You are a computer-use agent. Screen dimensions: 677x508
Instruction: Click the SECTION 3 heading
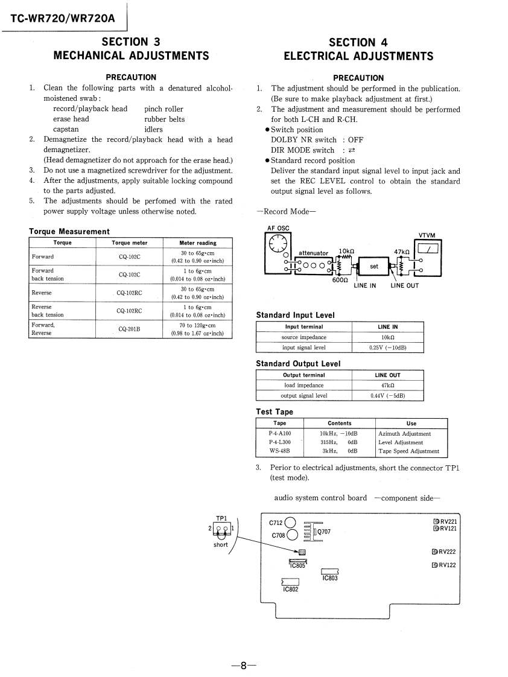pyautogui.click(x=131, y=42)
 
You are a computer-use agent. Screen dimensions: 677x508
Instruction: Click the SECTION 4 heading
pyautogui.click(x=358, y=42)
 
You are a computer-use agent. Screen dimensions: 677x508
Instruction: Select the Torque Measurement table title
pyautogui.click(x=69, y=231)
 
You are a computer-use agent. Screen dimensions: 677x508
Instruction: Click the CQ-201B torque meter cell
pyautogui.click(x=130, y=329)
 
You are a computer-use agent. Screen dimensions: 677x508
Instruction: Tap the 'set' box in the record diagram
pyautogui.click(x=374, y=265)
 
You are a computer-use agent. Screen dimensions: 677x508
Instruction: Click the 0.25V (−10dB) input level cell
pyautogui.click(x=387, y=348)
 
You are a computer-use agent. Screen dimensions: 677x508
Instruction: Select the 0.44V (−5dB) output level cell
pyautogui.click(x=387, y=396)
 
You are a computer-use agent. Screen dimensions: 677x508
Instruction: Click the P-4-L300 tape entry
pyautogui.click(x=279, y=442)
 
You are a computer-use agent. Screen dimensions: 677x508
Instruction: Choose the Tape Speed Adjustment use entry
pyautogui.click(x=409, y=451)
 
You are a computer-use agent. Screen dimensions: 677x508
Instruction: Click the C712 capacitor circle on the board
pyautogui.click(x=290, y=523)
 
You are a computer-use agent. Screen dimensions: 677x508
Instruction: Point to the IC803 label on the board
pyautogui.click(x=331, y=578)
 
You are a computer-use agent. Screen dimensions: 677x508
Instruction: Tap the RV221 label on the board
pyautogui.click(x=448, y=522)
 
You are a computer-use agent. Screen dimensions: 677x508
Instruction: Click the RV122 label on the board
pyautogui.click(x=447, y=565)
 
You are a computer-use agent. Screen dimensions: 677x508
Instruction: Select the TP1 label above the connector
pyautogui.click(x=221, y=518)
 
